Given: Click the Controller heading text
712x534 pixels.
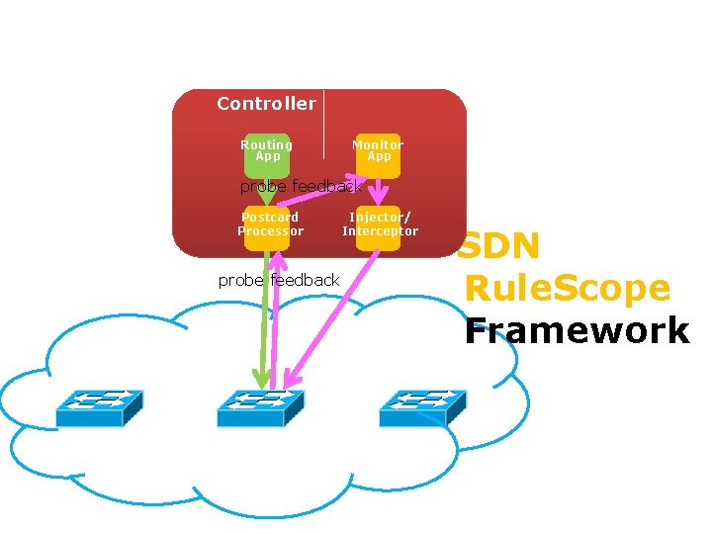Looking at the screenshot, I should pyautogui.click(x=266, y=104).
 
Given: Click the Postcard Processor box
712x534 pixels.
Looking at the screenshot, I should pyautogui.click(x=269, y=225).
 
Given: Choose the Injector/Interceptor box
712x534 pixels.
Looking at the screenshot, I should pyautogui.click(x=380, y=225).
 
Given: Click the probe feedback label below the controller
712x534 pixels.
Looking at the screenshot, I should pyautogui.click(x=278, y=280).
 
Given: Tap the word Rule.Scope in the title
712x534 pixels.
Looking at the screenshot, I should pyautogui.click(x=568, y=289).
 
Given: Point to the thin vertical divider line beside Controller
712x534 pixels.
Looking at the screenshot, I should pyautogui.click(x=323, y=124).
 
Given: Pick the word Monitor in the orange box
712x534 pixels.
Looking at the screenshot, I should pyautogui.click(x=378, y=144).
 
